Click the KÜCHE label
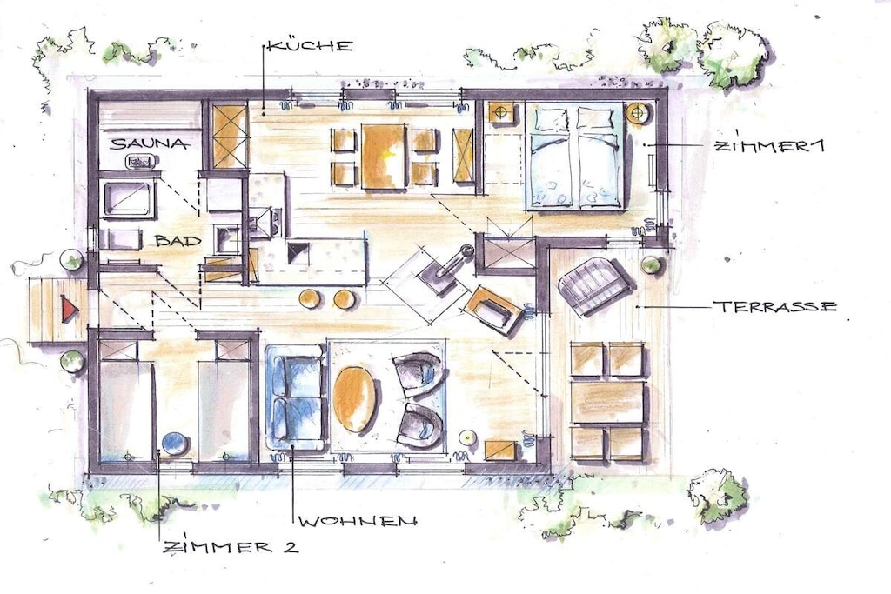[310, 45]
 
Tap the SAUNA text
[149, 143]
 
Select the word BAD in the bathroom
[178, 240]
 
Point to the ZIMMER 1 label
[767, 145]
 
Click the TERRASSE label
[774, 307]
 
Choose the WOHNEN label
[358, 520]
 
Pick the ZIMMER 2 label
[230, 547]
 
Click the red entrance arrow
[70, 310]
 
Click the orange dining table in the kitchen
[384, 157]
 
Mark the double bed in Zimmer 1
[575, 157]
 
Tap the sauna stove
[140, 162]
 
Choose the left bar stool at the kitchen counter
[310, 298]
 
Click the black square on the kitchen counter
[299, 253]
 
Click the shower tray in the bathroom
[129, 199]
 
